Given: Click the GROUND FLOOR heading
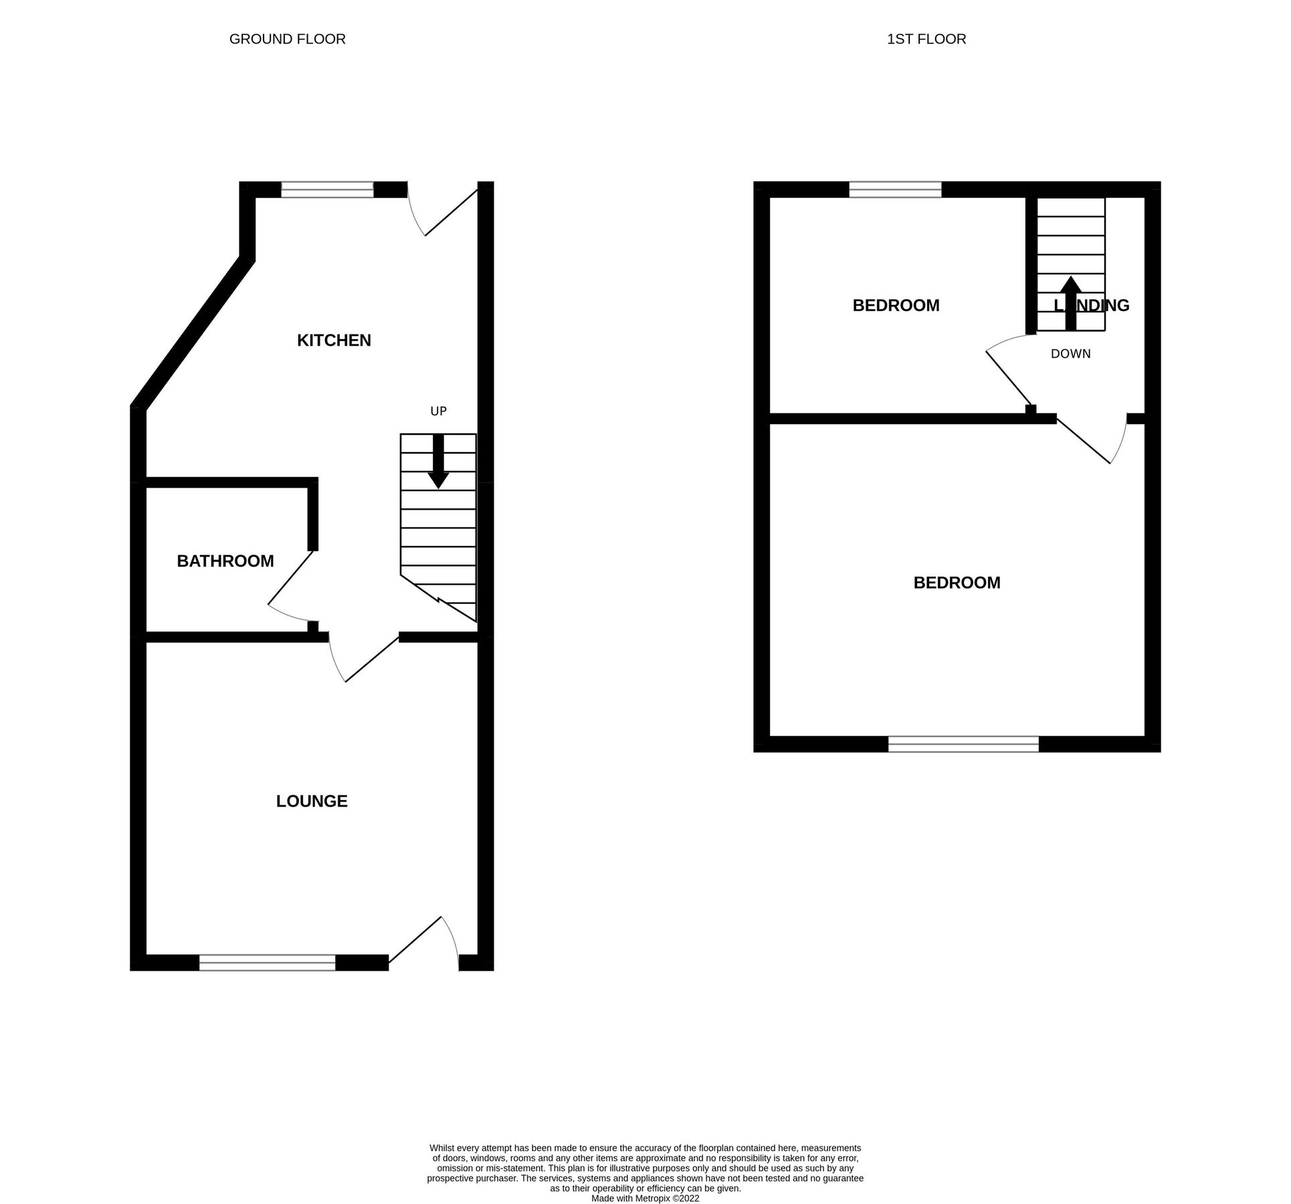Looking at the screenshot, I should click(288, 39).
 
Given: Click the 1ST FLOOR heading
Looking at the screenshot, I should click(926, 39).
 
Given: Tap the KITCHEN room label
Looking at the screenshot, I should click(334, 340).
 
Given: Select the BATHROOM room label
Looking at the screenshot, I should click(225, 561).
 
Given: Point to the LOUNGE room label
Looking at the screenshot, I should click(312, 801).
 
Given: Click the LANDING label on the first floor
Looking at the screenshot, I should click(1092, 306).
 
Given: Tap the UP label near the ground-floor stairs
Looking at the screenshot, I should click(438, 411).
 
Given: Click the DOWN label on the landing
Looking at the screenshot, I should click(1070, 354).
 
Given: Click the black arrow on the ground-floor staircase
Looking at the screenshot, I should click(438, 462).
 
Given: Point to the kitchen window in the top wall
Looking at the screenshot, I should click(327, 190).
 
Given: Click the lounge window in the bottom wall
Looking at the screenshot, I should click(267, 963).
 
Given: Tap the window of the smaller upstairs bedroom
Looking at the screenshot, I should click(895, 190).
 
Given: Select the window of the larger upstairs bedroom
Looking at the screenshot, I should click(963, 744).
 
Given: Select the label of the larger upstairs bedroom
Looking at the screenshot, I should click(957, 583).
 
